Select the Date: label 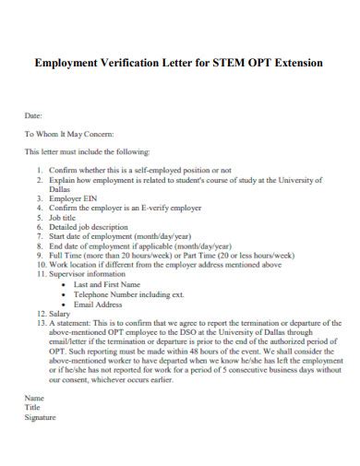tap(33, 117)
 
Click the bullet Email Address tap(98, 304)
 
